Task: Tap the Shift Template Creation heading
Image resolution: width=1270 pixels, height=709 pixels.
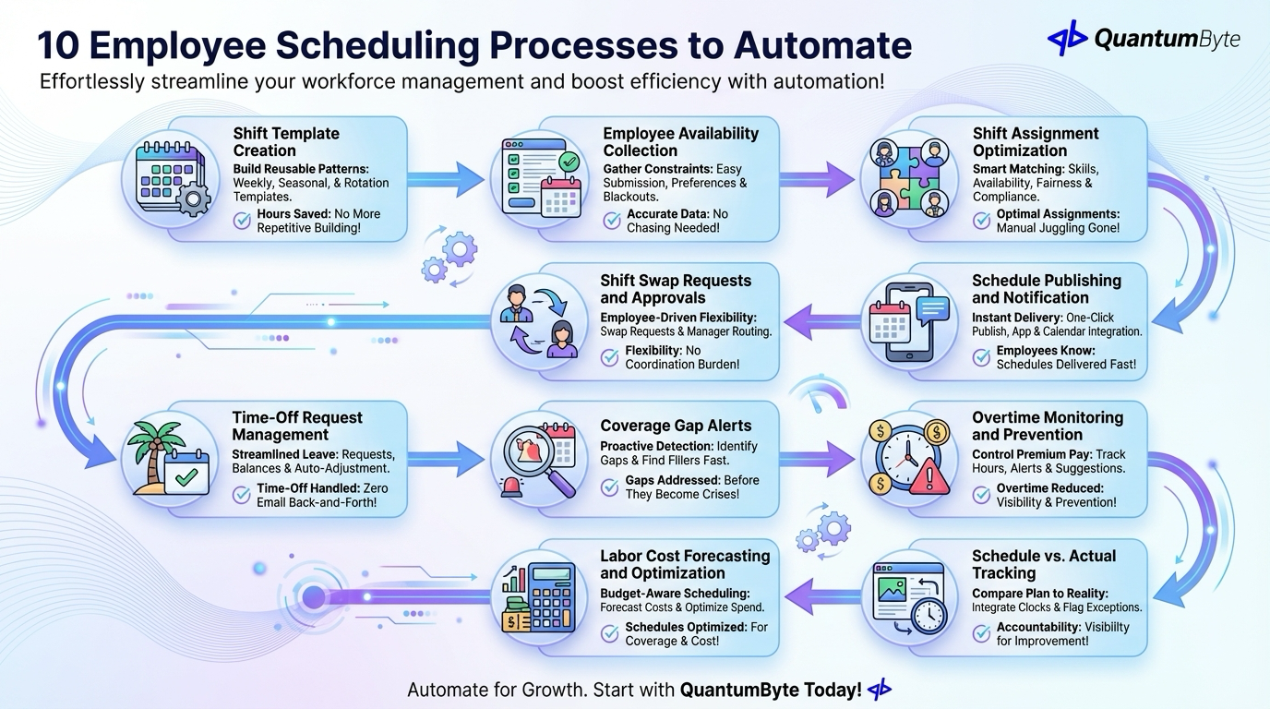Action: tap(286, 141)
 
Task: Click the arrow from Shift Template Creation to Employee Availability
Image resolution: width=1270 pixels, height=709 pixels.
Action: tap(447, 179)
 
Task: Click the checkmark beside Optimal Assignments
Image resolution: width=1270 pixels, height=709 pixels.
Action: tap(980, 220)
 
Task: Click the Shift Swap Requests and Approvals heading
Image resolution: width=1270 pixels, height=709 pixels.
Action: tap(676, 289)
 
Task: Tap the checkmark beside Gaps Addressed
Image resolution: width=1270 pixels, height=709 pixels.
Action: tap(609, 487)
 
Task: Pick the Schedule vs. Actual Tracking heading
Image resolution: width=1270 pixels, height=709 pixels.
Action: tap(1043, 564)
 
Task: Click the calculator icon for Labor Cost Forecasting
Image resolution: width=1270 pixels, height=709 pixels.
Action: tap(540, 596)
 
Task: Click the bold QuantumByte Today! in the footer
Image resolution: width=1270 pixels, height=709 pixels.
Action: tap(771, 690)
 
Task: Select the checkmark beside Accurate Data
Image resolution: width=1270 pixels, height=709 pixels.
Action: tap(611, 220)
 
